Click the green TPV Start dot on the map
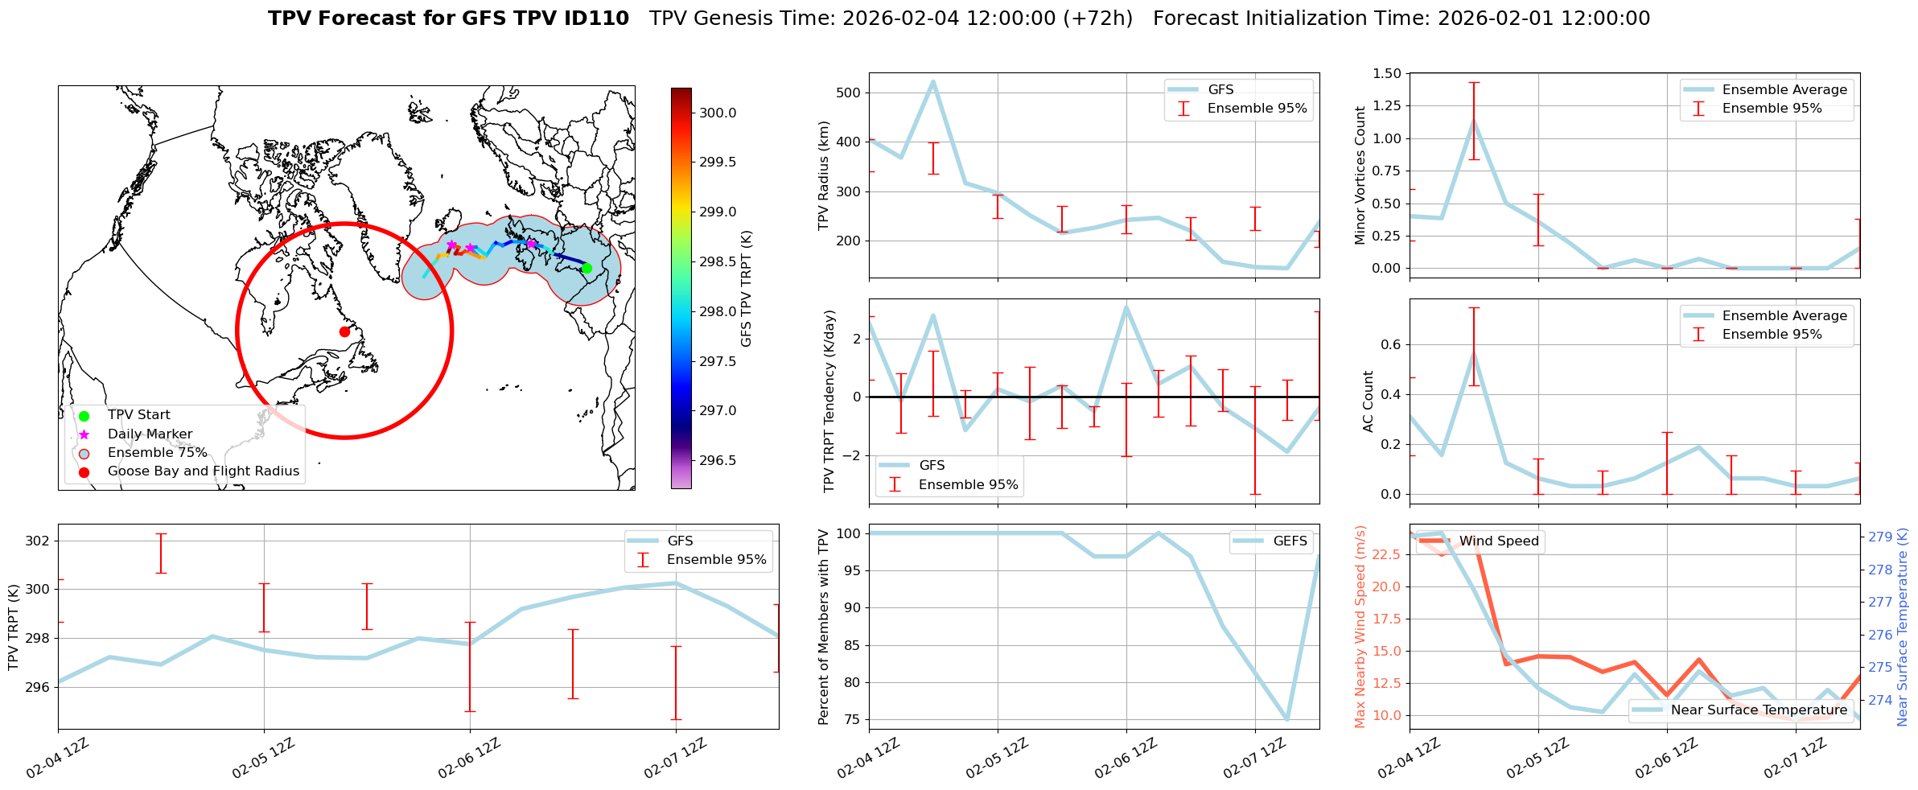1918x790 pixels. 587,268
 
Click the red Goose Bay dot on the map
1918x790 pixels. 344,331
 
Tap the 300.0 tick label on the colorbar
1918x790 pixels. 718,113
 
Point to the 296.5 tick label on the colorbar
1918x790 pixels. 718,460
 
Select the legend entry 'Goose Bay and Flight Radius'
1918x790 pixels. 203,471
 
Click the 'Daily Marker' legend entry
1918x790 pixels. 150,434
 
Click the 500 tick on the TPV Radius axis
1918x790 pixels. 850,93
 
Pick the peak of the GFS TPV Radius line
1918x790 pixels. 933,81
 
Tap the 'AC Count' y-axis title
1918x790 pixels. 1369,401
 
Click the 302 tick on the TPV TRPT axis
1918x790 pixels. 38,541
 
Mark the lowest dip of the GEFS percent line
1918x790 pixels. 1287,719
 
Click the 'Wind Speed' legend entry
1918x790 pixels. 1498,541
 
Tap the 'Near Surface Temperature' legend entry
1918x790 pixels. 1759,710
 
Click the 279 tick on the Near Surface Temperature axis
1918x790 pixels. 1880,537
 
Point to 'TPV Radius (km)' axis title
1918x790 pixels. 824,175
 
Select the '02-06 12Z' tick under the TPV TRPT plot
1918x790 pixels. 470,758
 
